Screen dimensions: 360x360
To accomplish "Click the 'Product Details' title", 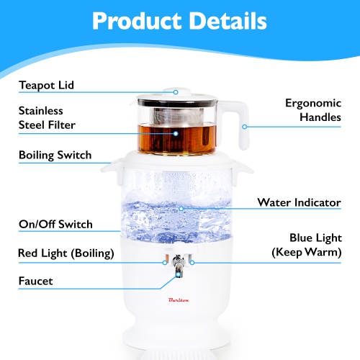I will (179, 21).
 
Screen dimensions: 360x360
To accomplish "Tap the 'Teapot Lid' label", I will (46, 86).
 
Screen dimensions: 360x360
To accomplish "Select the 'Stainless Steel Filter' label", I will (47, 118).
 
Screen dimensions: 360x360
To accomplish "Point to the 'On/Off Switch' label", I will (55, 224).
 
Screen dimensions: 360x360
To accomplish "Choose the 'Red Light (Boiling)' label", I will (66, 253).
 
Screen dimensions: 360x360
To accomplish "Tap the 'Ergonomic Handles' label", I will (313, 110).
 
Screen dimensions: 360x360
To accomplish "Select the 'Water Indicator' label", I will (299, 202).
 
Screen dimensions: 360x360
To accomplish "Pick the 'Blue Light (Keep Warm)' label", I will (305, 245).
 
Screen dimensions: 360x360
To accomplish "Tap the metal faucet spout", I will (176, 272).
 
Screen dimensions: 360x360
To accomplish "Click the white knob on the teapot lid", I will (175, 91).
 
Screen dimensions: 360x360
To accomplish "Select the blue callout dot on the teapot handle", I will (245, 127).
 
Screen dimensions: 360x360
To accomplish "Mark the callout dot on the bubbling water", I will (181, 208).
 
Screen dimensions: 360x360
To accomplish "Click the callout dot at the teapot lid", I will (175, 92).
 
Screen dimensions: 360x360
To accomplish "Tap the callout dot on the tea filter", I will (175, 132).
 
